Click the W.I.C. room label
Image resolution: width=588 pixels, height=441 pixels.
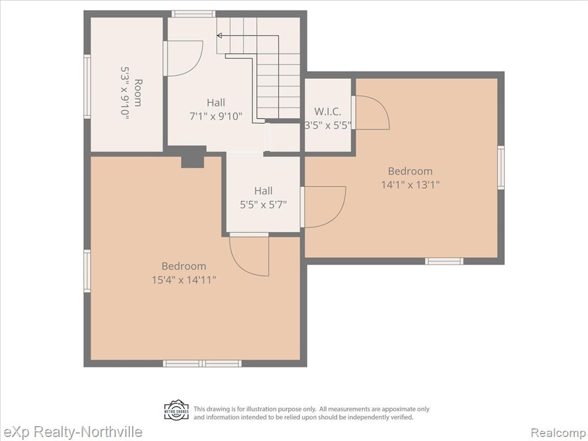pos(327,111)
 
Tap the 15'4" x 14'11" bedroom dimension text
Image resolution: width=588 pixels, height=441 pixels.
pos(184,280)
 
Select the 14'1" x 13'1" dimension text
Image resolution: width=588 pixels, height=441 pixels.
pos(410,184)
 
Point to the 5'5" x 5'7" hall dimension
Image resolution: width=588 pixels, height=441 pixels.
pos(263,205)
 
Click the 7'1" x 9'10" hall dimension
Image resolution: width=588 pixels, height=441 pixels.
pos(216,116)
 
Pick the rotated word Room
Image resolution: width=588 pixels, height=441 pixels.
pos(138,92)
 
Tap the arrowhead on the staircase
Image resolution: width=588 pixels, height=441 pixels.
pos(220,36)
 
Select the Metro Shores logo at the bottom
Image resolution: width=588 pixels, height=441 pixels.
pos(177,410)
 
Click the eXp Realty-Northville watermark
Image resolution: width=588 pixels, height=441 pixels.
pos(71,432)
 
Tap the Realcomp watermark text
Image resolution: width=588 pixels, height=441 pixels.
pos(557,432)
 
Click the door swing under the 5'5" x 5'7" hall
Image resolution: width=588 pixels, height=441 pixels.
pos(249,257)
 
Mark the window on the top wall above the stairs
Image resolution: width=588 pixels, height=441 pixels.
pos(194,14)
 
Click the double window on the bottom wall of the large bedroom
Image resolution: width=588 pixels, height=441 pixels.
pos(202,363)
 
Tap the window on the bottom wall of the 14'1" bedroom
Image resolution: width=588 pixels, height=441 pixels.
pos(444,261)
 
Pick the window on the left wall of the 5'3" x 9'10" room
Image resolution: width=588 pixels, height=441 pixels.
pos(87,87)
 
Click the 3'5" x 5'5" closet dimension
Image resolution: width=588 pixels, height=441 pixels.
pos(327,125)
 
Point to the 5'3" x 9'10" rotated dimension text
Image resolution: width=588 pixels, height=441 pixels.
pos(125,92)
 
